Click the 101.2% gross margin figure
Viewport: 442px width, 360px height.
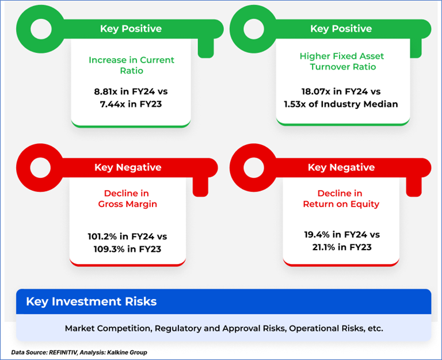pyautogui.click(x=102, y=236)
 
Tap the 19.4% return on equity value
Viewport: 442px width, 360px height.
pyautogui.click(x=317, y=235)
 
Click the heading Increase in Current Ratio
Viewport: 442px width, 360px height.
pyautogui.click(x=131, y=66)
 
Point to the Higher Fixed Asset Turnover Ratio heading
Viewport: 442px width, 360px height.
pyautogui.click(x=342, y=62)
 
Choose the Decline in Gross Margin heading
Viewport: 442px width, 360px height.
pyautogui.click(x=127, y=198)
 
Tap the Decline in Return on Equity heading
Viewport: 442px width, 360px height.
pyautogui.click(x=341, y=198)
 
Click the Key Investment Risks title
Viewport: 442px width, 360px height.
pyautogui.click(x=92, y=301)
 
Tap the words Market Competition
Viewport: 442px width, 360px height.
pyautogui.click(x=109, y=328)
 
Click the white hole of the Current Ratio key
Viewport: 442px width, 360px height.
pyautogui.click(x=41, y=29)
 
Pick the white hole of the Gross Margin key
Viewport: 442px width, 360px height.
pyautogui.click(x=41, y=167)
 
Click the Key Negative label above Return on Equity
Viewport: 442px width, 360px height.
pyautogui.click(x=341, y=167)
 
